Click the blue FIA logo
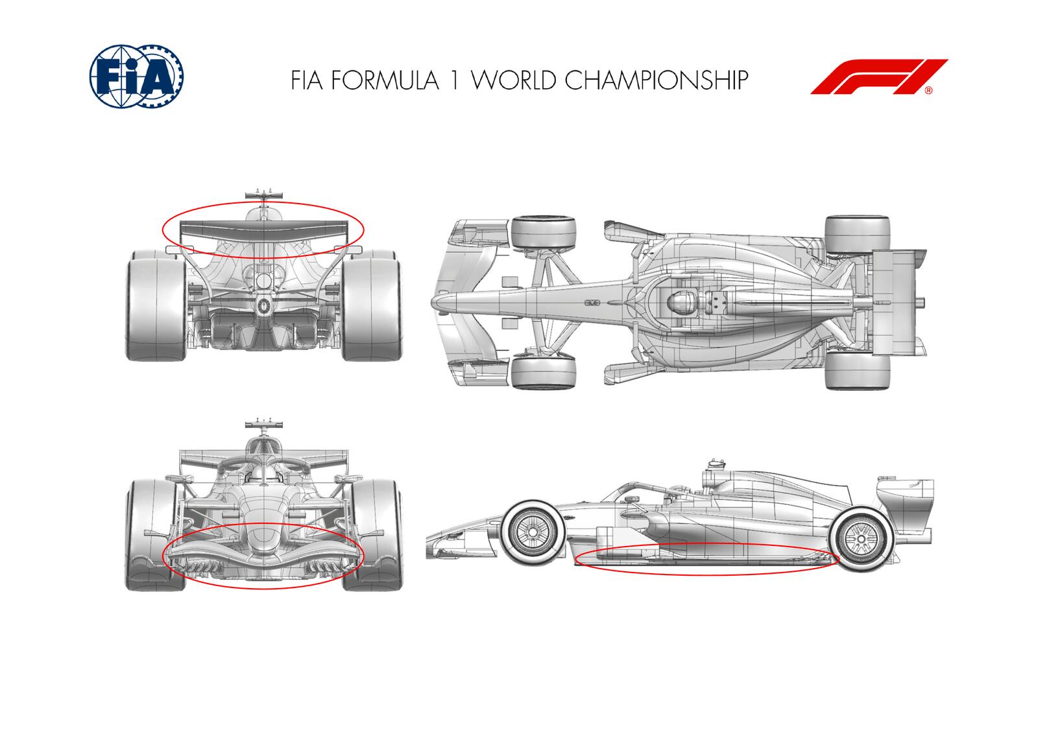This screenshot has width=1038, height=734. coord(136,76)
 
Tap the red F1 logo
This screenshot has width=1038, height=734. coord(879,77)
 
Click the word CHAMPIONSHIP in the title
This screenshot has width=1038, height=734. coord(656,80)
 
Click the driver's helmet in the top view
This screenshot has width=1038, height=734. coord(679,303)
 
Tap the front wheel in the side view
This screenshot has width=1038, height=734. coord(532,532)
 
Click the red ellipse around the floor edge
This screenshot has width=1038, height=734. coord(707,573)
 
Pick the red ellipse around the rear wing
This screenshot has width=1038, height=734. coord(263,258)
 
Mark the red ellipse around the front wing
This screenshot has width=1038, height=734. coord(263,588)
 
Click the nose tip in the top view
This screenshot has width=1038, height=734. coord(437,303)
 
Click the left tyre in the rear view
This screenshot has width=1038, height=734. coord(156,305)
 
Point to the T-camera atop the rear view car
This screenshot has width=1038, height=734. coord(264,194)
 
